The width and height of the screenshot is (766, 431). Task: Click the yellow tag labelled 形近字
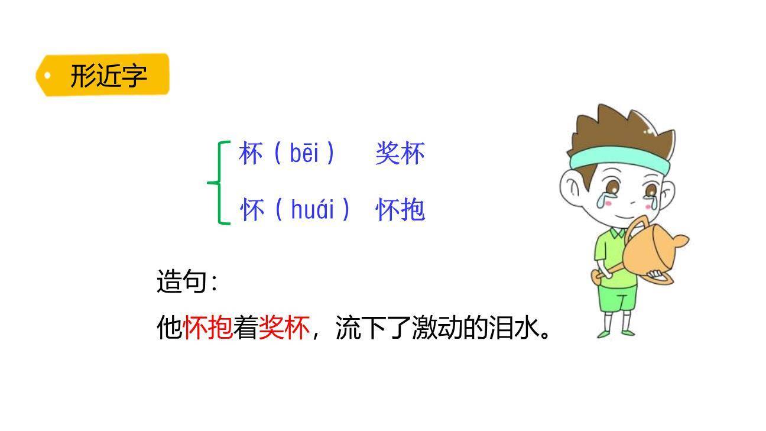click(x=103, y=75)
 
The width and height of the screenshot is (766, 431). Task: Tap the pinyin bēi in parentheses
click(x=304, y=154)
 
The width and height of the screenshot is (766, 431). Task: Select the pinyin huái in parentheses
click(x=313, y=209)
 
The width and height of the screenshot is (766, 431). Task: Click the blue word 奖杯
click(x=400, y=154)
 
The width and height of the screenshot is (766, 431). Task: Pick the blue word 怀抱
click(x=400, y=210)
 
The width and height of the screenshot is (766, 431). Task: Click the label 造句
click(x=183, y=281)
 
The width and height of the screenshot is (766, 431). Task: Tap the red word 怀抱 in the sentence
click(x=208, y=327)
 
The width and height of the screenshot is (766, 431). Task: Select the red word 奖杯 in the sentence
click(x=284, y=327)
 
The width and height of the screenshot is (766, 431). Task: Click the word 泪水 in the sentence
click(x=514, y=327)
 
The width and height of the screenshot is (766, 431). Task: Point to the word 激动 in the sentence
click(x=437, y=327)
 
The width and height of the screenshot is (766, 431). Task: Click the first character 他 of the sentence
click(x=170, y=327)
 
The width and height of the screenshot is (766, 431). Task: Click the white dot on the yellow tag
click(x=48, y=75)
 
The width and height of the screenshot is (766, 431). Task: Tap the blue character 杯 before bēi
click(x=251, y=154)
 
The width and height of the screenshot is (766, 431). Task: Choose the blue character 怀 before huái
click(x=252, y=210)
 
